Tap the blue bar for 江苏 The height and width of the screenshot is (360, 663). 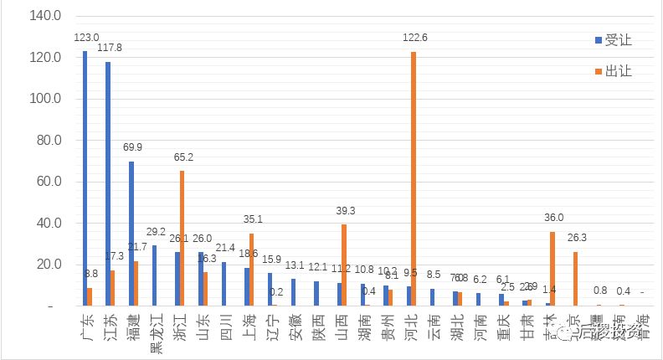click(108, 184)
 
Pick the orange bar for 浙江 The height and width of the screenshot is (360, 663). click(182, 239)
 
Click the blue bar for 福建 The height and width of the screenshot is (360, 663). click(131, 234)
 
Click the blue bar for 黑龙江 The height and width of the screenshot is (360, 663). click(154, 275)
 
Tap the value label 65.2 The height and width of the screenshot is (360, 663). click(183, 157)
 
